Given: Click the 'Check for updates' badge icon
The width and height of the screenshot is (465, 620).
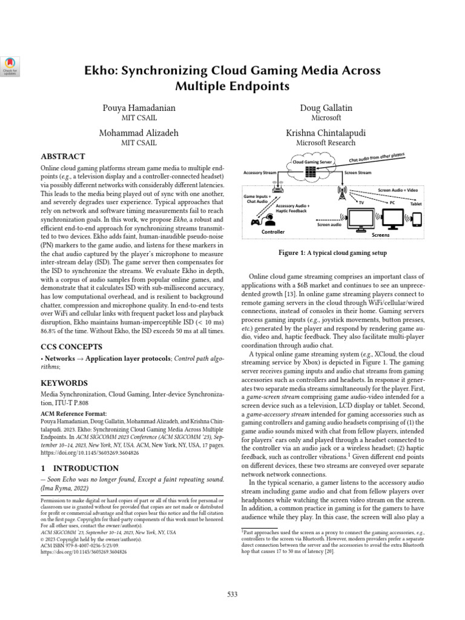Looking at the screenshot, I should pos(12,65).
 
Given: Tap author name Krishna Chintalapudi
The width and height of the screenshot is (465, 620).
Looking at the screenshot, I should pos(327,133).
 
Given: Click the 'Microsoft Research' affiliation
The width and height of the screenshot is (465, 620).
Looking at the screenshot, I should pos(327,143).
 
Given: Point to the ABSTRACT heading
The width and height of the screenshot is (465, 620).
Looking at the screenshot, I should pos(62,156).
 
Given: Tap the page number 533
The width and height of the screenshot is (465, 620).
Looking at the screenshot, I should pos(232,595).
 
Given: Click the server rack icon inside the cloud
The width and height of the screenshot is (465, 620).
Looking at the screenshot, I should pos(311,173).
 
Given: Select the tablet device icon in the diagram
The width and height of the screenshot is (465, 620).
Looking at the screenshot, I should pos(417,219).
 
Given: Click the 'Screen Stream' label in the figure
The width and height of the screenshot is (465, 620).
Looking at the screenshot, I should pos(358,173).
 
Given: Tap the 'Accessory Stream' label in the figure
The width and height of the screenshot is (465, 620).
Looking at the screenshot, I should pos(259,173).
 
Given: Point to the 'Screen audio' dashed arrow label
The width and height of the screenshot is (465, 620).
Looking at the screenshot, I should pos(329,225).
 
